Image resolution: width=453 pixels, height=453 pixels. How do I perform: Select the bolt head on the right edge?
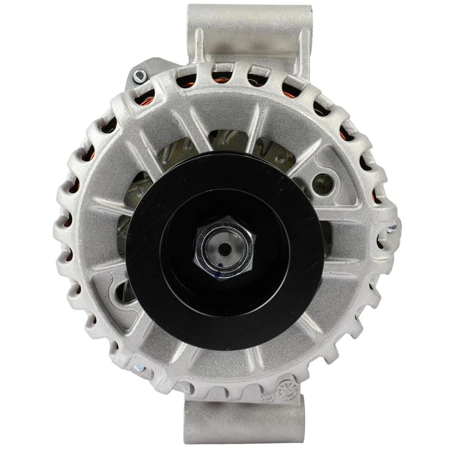(391, 230)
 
